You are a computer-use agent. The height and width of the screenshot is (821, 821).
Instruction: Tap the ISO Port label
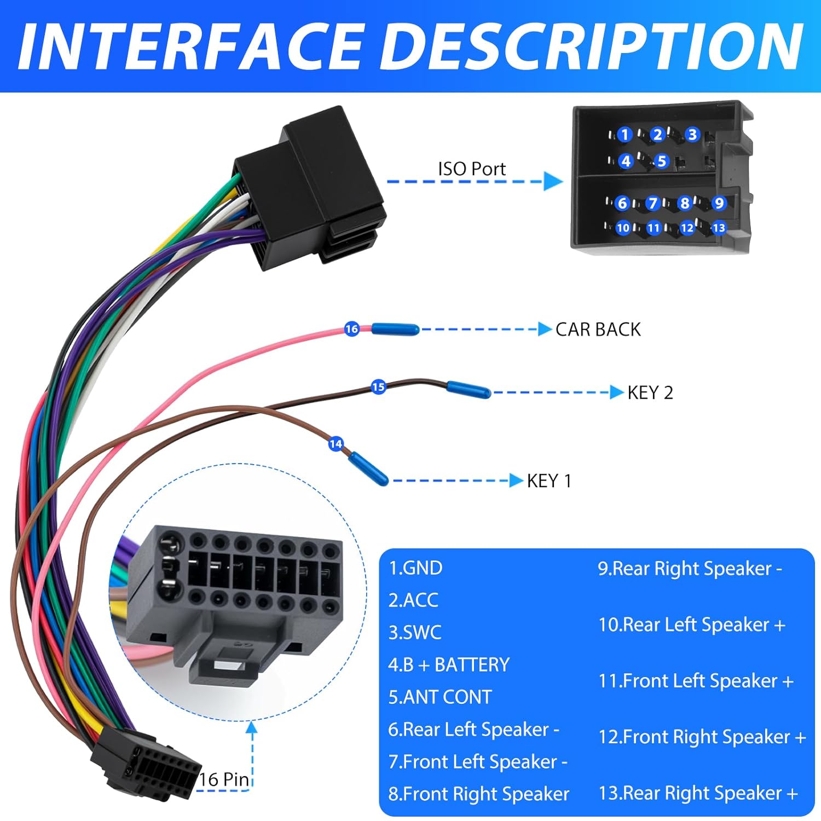pos(472,169)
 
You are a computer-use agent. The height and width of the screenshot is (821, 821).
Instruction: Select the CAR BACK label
pos(598,329)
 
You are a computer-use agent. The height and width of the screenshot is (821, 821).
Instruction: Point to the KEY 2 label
pos(650,392)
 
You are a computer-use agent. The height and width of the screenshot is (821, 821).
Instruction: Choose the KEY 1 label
pos(549,481)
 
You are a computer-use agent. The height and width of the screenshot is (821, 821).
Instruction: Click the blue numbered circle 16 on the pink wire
pos(351,329)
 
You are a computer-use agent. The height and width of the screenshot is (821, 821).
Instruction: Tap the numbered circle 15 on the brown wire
pos(378,387)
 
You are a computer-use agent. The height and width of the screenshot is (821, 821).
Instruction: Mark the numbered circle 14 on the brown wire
pos(336,444)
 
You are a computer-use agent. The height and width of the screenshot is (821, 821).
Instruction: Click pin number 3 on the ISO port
pos(692,135)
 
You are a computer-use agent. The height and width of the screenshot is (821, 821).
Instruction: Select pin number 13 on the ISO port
pos(719,228)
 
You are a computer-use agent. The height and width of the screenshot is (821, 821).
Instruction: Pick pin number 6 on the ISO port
pos(622,203)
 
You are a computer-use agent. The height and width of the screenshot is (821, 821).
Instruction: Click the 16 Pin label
pos(224,779)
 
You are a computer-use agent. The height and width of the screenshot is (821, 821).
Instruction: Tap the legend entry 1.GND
pos(415,568)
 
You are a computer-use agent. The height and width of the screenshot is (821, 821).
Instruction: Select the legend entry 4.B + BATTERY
pos(449,664)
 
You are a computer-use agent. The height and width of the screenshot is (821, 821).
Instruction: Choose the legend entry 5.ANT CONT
pos(440,697)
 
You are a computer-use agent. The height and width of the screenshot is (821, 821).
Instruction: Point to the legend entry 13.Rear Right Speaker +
pos(698,793)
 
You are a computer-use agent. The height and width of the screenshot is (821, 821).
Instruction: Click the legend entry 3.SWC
pos(415,632)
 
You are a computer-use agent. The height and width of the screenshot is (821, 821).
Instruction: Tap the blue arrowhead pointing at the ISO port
pos(553,181)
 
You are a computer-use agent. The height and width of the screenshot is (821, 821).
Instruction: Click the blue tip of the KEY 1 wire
pos(369,469)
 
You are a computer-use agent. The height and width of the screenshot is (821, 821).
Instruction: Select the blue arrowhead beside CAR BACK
pos(545,329)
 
